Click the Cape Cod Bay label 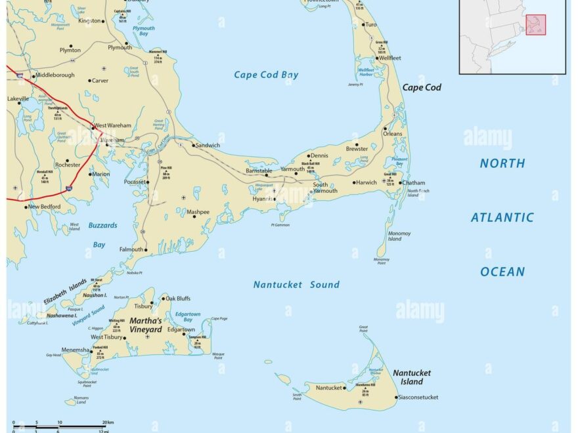click(x=266, y=75)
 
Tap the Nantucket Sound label click(x=296, y=285)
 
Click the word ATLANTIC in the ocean click(x=502, y=218)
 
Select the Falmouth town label click(x=131, y=249)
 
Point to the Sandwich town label click(x=208, y=145)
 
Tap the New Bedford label click(x=44, y=207)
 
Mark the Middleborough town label click(x=55, y=75)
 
